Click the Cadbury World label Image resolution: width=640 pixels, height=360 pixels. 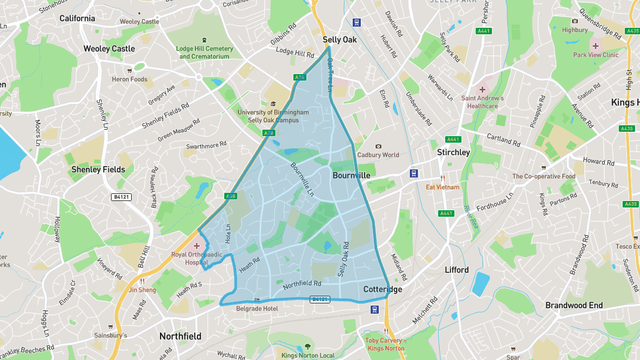378,155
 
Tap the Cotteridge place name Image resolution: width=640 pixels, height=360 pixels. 383,289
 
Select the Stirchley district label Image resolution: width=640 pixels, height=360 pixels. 453,152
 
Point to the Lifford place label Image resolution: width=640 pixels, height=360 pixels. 457,270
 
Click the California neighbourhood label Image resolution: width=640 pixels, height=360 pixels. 77,18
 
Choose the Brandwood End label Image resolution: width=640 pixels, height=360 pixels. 574,306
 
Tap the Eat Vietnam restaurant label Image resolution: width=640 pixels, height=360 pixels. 442,187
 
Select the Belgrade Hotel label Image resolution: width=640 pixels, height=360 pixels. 257,308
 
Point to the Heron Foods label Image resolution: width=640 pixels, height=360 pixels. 130,79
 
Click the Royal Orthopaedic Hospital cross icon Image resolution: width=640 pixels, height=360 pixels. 196,246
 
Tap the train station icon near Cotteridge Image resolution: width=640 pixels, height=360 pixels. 374,309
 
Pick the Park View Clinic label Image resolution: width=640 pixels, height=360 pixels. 595,54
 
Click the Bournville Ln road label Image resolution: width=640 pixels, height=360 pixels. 302,179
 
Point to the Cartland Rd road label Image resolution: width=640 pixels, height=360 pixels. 503,139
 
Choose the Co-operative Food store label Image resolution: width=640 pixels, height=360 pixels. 544,176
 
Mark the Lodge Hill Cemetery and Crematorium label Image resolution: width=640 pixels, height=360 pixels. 204,52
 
